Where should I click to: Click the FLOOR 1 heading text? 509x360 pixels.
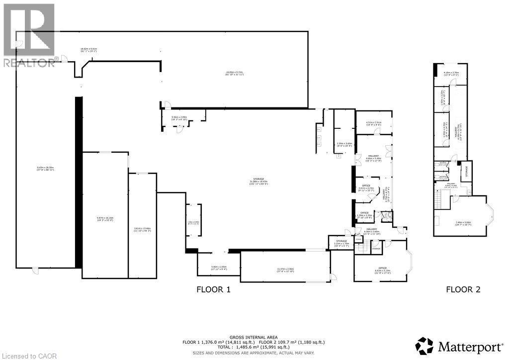213,289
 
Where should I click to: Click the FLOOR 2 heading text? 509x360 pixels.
463,289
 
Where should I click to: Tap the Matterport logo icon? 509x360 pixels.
424,345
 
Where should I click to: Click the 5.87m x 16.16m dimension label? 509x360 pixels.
104,219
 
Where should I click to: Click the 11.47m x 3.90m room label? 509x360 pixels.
285,270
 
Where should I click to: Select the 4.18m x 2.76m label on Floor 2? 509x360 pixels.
451,73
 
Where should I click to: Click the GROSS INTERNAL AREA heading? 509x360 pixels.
254,337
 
